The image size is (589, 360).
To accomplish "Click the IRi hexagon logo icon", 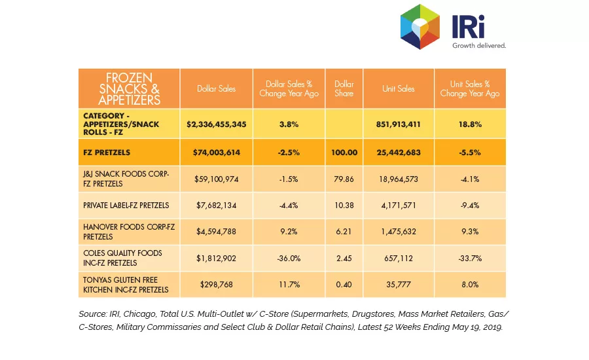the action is [420, 27].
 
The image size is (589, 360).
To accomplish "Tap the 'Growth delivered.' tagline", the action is [479, 45].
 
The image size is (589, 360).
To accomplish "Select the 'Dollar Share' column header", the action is [344, 88].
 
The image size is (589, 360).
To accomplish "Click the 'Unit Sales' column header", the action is [398, 88].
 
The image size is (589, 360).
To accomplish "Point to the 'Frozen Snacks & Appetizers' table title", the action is [129, 88].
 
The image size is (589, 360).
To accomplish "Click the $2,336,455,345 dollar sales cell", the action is [217, 124].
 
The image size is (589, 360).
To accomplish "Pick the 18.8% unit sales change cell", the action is [470, 124].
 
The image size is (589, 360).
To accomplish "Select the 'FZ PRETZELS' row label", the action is [107, 153].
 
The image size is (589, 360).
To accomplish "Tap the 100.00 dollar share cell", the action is [344, 153].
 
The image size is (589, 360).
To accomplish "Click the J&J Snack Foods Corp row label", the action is [126, 179].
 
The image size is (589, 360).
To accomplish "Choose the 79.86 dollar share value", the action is [344, 179].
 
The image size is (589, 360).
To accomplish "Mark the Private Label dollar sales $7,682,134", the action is [217, 206].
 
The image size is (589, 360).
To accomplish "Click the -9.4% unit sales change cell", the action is [470, 206].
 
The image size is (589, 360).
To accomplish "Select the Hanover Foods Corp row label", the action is [129, 232].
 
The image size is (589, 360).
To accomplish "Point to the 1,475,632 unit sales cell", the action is [398, 232].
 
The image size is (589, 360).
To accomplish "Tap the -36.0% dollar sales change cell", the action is [289, 259].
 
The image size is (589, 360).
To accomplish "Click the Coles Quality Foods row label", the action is [122, 258].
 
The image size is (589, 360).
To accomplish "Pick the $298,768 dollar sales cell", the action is [217, 285].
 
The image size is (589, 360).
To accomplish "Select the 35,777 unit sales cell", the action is [398, 285].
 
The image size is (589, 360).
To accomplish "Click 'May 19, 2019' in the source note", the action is [477, 327].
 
